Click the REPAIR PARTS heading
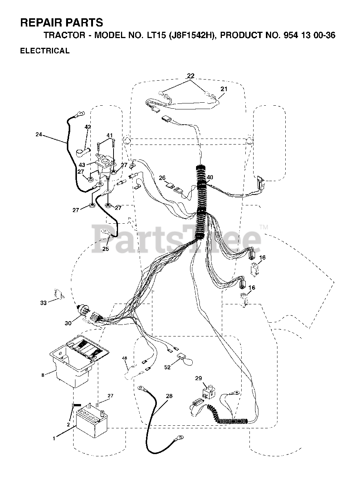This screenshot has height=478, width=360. click(x=61, y=23)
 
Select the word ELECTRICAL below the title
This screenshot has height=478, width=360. click(x=45, y=51)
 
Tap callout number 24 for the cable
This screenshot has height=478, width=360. click(x=38, y=135)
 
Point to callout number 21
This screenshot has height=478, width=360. click(x=224, y=89)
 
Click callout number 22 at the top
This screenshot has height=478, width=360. click(x=190, y=76)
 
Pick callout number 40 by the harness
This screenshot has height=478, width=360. click(x=210, y=177)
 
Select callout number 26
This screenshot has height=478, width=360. click(x=162, y=178)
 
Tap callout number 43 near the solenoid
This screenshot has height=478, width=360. click(x=82, y=165)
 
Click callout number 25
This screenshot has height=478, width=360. click(x=106, y=249)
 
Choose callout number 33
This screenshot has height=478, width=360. click(x=44, y=303)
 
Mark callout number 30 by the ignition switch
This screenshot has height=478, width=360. click(x=68, y=323)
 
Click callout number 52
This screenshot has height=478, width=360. click(x=167, y=367)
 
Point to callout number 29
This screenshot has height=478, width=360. click(x=199, y=379)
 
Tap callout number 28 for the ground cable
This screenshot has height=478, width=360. click(x=169, y=396)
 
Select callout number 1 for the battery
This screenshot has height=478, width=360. click(x=54, y=439)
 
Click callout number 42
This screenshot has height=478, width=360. click(x=88, y=127)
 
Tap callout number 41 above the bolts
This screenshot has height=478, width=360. click(x=109, y=135)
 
